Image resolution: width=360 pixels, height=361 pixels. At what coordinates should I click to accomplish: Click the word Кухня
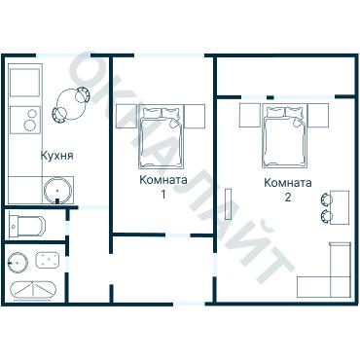57,156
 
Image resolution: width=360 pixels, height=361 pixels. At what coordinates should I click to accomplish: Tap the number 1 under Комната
163,195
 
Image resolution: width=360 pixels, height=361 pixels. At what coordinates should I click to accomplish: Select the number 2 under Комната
288,197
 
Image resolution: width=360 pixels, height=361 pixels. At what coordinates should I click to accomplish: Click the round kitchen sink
57,190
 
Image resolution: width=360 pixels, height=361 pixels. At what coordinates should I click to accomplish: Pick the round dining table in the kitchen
71,104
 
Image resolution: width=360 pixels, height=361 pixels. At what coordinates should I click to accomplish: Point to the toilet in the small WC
27,224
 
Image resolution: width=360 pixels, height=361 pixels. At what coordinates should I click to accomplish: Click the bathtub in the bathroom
34,290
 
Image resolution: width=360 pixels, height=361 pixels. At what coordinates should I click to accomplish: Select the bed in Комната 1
162,136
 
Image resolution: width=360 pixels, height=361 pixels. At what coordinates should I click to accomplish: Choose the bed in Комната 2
285,136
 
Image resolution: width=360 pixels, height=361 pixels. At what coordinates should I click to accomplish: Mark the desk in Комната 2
340,207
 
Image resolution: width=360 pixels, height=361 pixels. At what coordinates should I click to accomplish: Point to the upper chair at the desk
326,199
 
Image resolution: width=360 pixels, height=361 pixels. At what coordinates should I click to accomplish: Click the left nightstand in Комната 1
126,116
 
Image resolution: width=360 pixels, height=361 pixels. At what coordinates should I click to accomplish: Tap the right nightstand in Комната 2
318,115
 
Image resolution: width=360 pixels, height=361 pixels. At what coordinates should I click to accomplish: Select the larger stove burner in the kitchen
30,126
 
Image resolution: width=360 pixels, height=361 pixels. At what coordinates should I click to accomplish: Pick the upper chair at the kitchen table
82,94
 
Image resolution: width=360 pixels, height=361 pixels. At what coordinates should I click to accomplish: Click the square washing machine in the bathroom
48,260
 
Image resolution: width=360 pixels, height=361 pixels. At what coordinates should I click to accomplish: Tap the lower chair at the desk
326,216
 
